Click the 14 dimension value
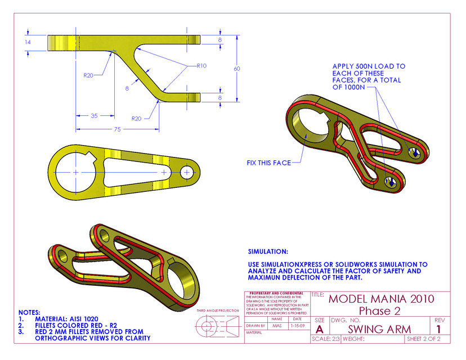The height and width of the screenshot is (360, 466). pyautogui.click(x=28, y=42)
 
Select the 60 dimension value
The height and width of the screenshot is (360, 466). pyautogui.click(x=238, y=68)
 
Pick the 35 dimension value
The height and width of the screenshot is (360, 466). pyautogui.click(x=95, y=116)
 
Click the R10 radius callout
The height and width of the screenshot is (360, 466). pyautogui.click(x=201, y=66)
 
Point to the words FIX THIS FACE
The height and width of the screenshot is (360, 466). pyautogui.click(x=268, y=163)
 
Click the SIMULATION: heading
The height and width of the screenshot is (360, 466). pyautogui.click(x=268, y=251)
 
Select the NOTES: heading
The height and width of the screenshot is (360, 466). pyautogui.click(x=29, y=312)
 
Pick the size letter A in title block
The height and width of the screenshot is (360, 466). pyautogui.click(x=320, y=329)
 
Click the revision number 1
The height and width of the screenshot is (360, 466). pyautogui.click(x=439, y=328)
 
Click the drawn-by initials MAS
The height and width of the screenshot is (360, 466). pyautogui.click(x=276, y=326)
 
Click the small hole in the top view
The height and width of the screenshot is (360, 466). pyautogui.click(x=187, y=171)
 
